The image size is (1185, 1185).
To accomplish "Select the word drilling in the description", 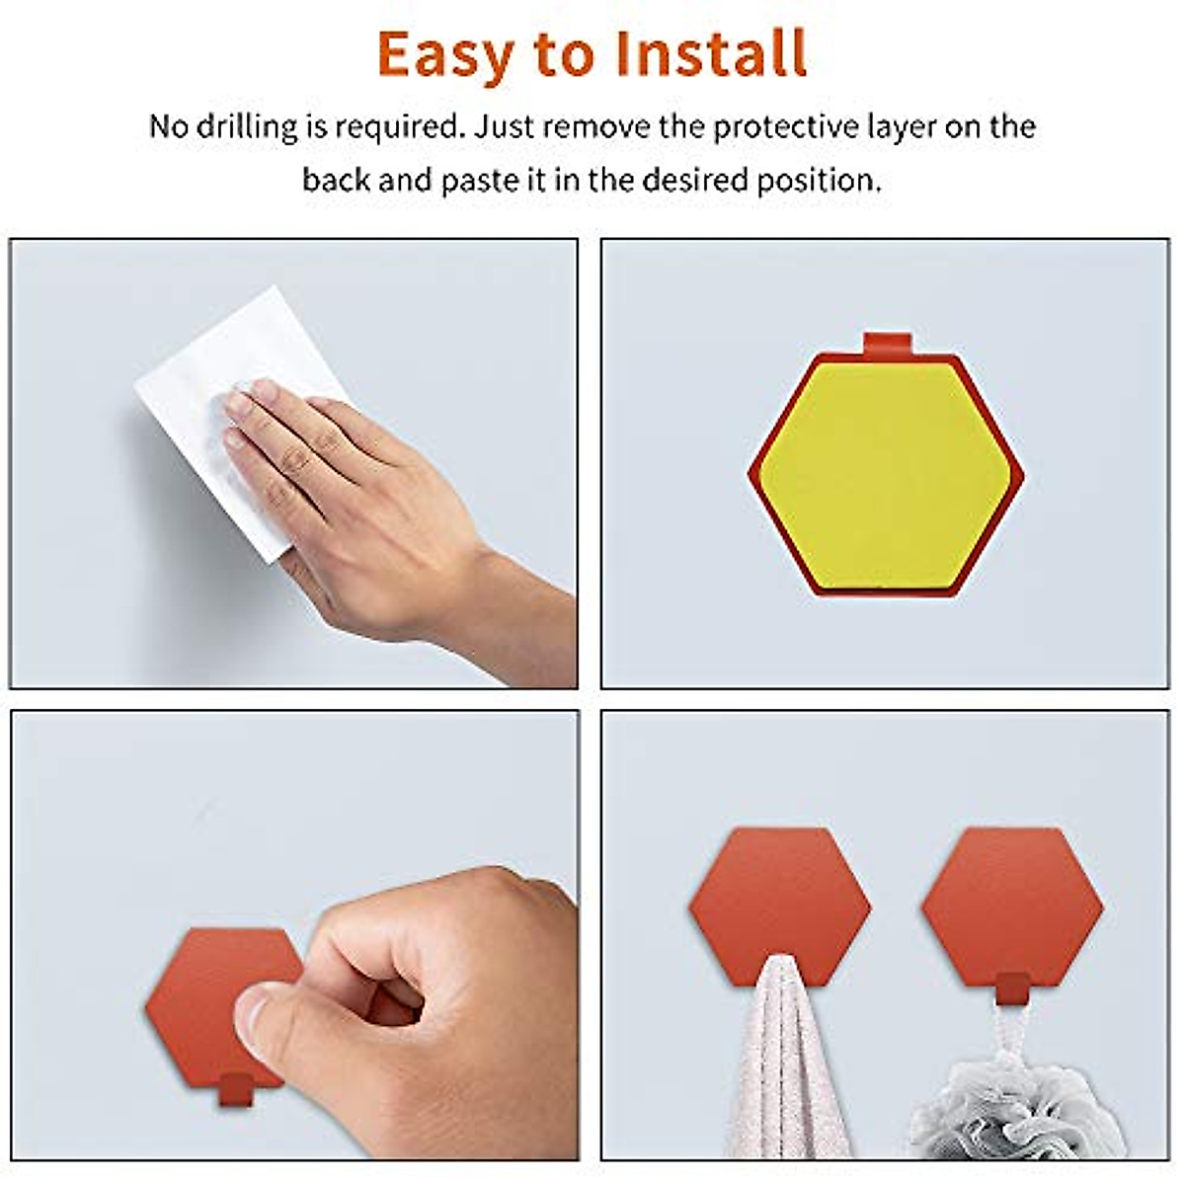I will coord(247,126).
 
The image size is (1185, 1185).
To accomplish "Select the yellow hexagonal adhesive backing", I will coord(885,476).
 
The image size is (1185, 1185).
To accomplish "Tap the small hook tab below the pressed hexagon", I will coord(232,1088).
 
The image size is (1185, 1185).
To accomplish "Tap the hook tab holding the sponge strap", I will coord(1012,987).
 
